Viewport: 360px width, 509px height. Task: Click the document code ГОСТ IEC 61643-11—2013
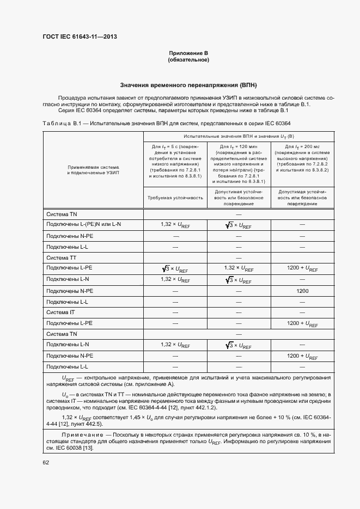point(80,37)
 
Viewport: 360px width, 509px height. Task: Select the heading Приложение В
point(188,53)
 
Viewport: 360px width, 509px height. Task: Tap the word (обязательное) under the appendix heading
point(188,59)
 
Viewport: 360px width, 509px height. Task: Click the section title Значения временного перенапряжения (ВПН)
point(188,85)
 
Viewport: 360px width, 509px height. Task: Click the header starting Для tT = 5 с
point(175,161)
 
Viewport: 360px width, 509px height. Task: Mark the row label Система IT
point(60,312)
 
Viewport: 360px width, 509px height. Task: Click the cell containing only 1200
point(302,291)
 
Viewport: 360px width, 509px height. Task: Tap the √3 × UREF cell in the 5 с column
point(175,268)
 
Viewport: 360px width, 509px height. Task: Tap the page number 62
point(46,462)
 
